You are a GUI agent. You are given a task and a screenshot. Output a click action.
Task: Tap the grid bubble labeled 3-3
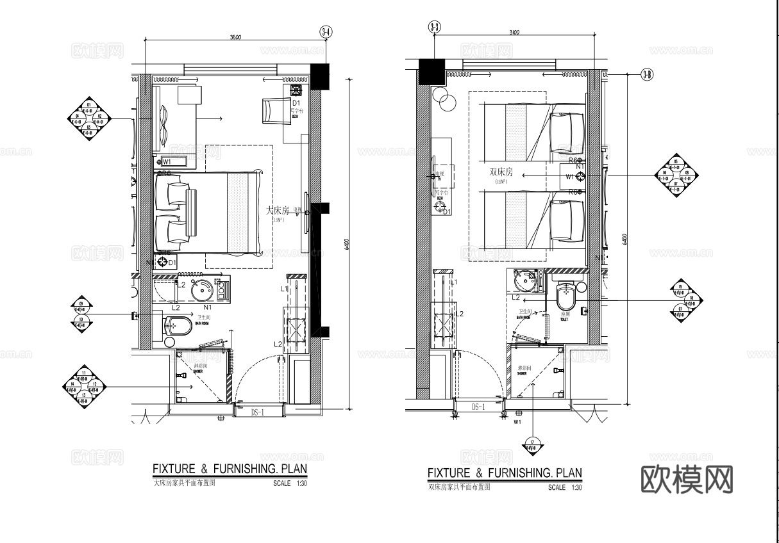(434, 27)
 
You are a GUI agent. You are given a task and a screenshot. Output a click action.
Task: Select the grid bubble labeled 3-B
(646, 76)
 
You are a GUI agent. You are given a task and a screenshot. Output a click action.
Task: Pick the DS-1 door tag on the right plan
(480, 407)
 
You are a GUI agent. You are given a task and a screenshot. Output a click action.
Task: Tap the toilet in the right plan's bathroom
(565, 297)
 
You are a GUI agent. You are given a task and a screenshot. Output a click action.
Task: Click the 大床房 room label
(278, 210)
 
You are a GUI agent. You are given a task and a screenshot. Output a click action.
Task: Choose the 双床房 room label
(501, 172)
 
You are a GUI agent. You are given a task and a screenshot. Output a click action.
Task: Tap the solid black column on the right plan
(431, 71)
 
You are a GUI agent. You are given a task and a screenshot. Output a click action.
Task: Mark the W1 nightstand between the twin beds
(574, 175)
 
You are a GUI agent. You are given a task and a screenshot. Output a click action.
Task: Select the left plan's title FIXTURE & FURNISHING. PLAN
(230, 469)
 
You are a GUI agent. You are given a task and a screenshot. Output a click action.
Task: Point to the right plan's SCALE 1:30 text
(565, 488)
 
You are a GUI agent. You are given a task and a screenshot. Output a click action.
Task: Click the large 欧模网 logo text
(687, 478)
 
